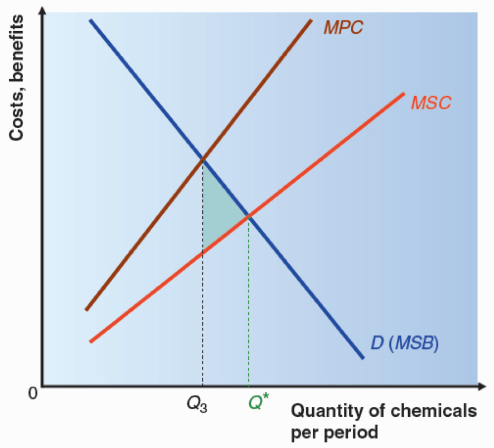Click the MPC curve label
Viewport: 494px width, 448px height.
[343, 27]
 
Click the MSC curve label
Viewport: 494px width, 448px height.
[431, 103]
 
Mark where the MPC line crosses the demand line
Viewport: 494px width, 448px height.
[202, 160]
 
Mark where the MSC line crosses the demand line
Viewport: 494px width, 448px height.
[249, 216]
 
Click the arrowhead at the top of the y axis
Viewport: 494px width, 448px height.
[42, 12]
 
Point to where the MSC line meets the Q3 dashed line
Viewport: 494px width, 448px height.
[202, 252]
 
